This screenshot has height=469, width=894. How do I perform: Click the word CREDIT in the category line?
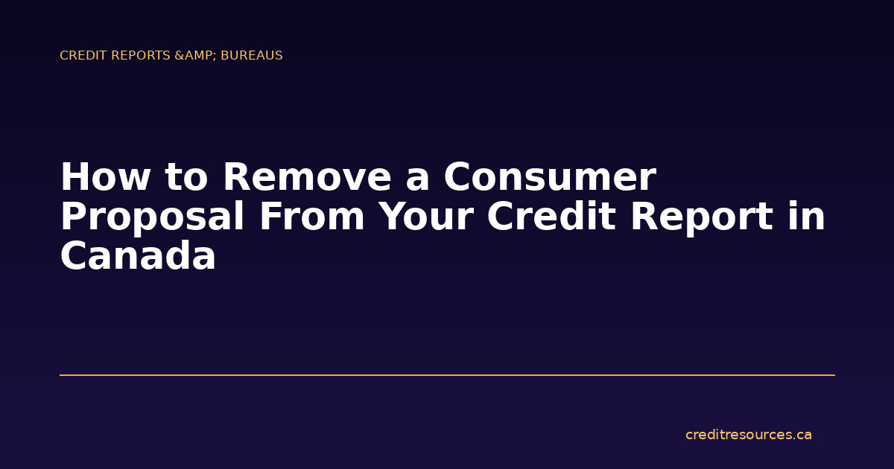coord(79,56)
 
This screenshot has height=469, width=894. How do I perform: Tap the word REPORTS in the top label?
coord(136,56)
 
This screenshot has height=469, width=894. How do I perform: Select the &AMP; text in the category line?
coord(196,56)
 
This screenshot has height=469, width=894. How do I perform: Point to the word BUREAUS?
coord(252,56)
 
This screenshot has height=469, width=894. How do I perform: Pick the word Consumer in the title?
coord(550,178)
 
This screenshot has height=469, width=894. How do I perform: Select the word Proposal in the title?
coord(153,217)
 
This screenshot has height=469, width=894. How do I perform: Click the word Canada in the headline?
coord(138,257)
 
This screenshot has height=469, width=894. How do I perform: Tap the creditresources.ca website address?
coord(748,435)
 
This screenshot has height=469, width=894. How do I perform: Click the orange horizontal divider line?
coord(447,375)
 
